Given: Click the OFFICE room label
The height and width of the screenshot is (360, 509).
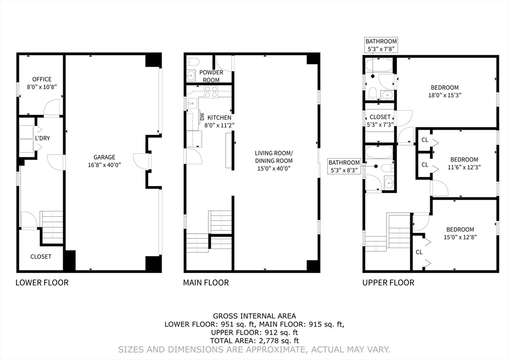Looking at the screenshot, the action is (x=42, y=79).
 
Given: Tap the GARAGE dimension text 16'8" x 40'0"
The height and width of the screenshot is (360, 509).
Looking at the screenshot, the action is (x=104, y=165).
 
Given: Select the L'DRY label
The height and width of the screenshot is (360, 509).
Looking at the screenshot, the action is (x=43, y=138).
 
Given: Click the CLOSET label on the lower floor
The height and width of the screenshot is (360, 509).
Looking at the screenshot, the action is (x=41, y=257).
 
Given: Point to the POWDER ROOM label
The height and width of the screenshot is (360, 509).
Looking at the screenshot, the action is (x=211, y=76).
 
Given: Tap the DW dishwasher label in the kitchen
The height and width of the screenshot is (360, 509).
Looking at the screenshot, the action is (x=202, y=116).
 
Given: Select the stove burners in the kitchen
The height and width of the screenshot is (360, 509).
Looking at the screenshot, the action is (x=211, y=92).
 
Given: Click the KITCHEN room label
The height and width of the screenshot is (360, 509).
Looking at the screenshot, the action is (x=219, y=117).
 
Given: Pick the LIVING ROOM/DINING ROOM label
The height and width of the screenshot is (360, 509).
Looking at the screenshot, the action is (x=274, y=157).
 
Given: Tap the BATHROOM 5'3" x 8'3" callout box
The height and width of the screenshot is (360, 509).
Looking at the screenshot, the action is (x=344, y=166).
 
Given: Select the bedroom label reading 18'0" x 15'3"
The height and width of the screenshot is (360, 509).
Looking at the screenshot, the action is (x=445, y=91).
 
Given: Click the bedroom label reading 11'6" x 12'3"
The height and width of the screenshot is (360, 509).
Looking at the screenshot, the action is (x=464, y=163).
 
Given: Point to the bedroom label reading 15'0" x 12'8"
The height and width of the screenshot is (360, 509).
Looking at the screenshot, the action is (x=460, y=233).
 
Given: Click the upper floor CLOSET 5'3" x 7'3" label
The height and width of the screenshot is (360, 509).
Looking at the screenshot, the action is (x=380, y=120).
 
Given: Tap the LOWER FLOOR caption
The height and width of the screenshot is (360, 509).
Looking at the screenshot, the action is (x=42, y=283).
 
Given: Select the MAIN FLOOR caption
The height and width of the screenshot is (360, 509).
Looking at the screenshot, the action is (x=206, y=283).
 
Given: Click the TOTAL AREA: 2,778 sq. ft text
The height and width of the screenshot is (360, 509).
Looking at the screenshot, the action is (x=254, y=341).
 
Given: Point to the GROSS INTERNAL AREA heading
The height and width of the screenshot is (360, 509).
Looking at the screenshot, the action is (x=254, y=316).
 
